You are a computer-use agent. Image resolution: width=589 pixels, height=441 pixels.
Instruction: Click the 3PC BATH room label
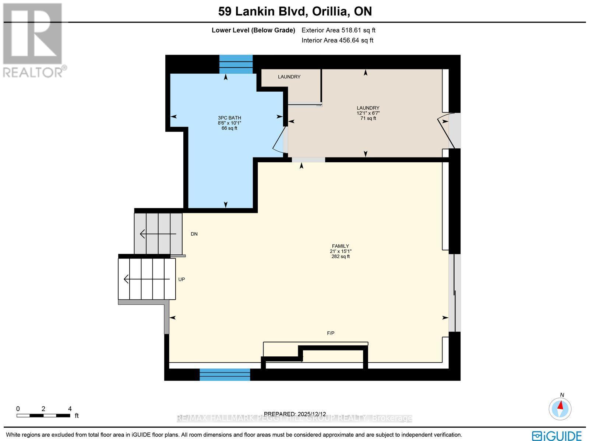point(229,118)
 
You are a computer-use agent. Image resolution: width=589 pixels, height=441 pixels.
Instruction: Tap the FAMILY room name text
point(340,246)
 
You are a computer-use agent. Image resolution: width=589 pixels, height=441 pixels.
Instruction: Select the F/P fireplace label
point(331,333)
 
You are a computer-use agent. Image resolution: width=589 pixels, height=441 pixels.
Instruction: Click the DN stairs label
point(194,234)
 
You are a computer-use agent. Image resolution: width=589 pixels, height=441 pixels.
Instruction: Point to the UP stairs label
point(181,279)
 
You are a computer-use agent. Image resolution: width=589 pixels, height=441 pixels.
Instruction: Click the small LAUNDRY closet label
point(289,77)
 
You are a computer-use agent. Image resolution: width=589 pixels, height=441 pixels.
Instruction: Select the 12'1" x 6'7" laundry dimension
point(368,113)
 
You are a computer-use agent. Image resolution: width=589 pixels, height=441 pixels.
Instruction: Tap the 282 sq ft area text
point(340,257)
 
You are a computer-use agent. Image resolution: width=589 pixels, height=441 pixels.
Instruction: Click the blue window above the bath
point(236,64)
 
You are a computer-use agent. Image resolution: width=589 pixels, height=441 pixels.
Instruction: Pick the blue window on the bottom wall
point(225,375)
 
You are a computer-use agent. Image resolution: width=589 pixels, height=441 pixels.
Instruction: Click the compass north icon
point(560,408)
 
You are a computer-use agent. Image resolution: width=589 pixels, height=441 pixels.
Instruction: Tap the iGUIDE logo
point(557,435)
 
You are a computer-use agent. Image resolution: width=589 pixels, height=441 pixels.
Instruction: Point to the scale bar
point(43,416)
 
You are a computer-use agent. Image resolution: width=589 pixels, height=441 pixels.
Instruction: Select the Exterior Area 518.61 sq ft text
point(338,31)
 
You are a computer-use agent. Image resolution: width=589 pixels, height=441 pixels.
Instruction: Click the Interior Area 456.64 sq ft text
point(337,40)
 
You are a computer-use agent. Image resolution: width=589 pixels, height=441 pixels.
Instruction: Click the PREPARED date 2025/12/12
point(295,414)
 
